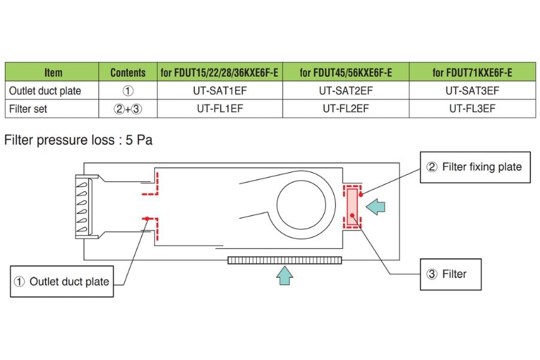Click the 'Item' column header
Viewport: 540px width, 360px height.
[53, 73]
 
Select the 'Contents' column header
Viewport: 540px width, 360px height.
[128, 73]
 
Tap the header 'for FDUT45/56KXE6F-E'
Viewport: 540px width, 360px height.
[346, 73]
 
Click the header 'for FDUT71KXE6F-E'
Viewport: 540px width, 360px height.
[472, 73]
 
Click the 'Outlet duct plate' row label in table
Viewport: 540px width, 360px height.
[45, 91]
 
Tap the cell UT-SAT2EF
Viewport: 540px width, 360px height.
[346, 91]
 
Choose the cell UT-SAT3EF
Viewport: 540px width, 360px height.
[472, 91]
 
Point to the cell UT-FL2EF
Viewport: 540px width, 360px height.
[346, 109]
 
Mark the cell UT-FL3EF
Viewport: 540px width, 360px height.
[472, 109]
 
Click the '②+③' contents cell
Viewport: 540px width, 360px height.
[128, 109]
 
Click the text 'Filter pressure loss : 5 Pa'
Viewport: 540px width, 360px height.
[78, 141]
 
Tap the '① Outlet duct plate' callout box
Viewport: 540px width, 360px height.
[62, 281]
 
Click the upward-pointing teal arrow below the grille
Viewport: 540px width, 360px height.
[285, 275]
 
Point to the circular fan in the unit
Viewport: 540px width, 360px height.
[304, 205]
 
